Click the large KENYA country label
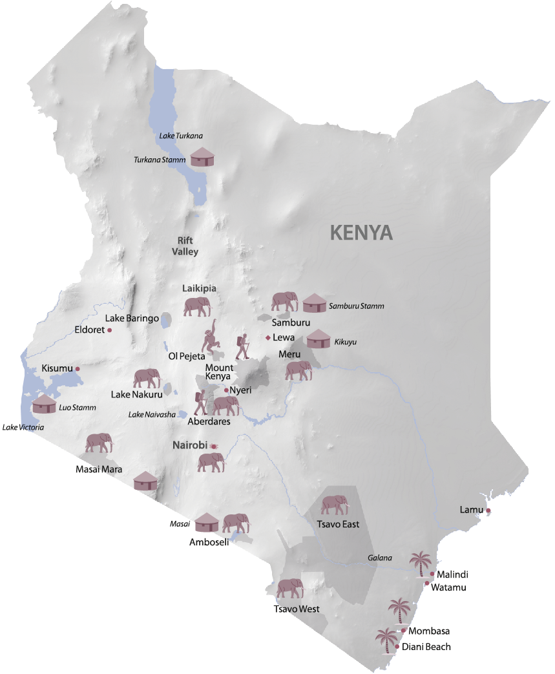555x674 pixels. tap(361, 232)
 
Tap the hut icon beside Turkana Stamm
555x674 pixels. tap(203, 157)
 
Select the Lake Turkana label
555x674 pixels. tap(181, 136)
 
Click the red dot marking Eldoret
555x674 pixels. tap(110, 330)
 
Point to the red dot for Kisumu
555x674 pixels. tap(78, 369)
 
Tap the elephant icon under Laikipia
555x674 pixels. tap(196, 307)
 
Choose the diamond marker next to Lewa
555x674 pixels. tap(268, 337)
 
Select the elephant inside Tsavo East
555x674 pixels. tap(334, 505)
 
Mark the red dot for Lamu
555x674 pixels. tap(488, 511)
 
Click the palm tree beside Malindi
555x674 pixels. tap(421, 563)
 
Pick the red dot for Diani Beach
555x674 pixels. tap(397, 646)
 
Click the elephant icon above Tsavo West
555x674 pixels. tap(289, 589)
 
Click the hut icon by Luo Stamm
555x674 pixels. tap(44, 404)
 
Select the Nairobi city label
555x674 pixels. tap(189, 445)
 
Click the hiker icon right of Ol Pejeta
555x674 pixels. tap(242, 347)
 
